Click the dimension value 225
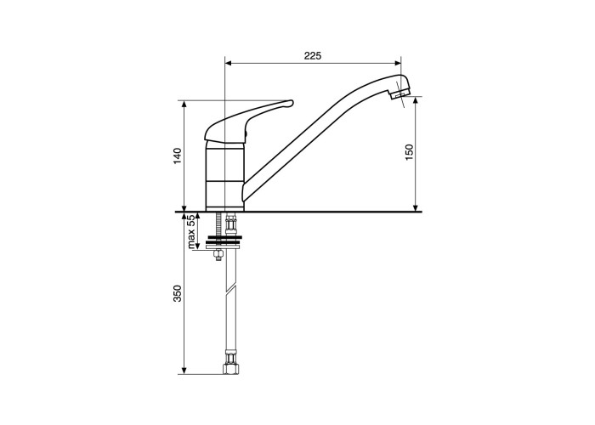pyautogui.click(x=313, y=56)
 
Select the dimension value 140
pyautogui.click(x=178, y=156)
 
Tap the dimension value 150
pyautogui.click(x=409, y=152)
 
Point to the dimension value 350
pyautogui.click(x=178, y=293)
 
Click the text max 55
pyautogui.click(x=191, y=231)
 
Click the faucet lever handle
pyautogui.click(x=248, y=121)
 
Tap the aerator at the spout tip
pyautogui.click(x=400, y=93)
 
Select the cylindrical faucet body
pyautogui.click(x=224, y=176)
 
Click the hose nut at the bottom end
pyautogui.click(x=231, y=368)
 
